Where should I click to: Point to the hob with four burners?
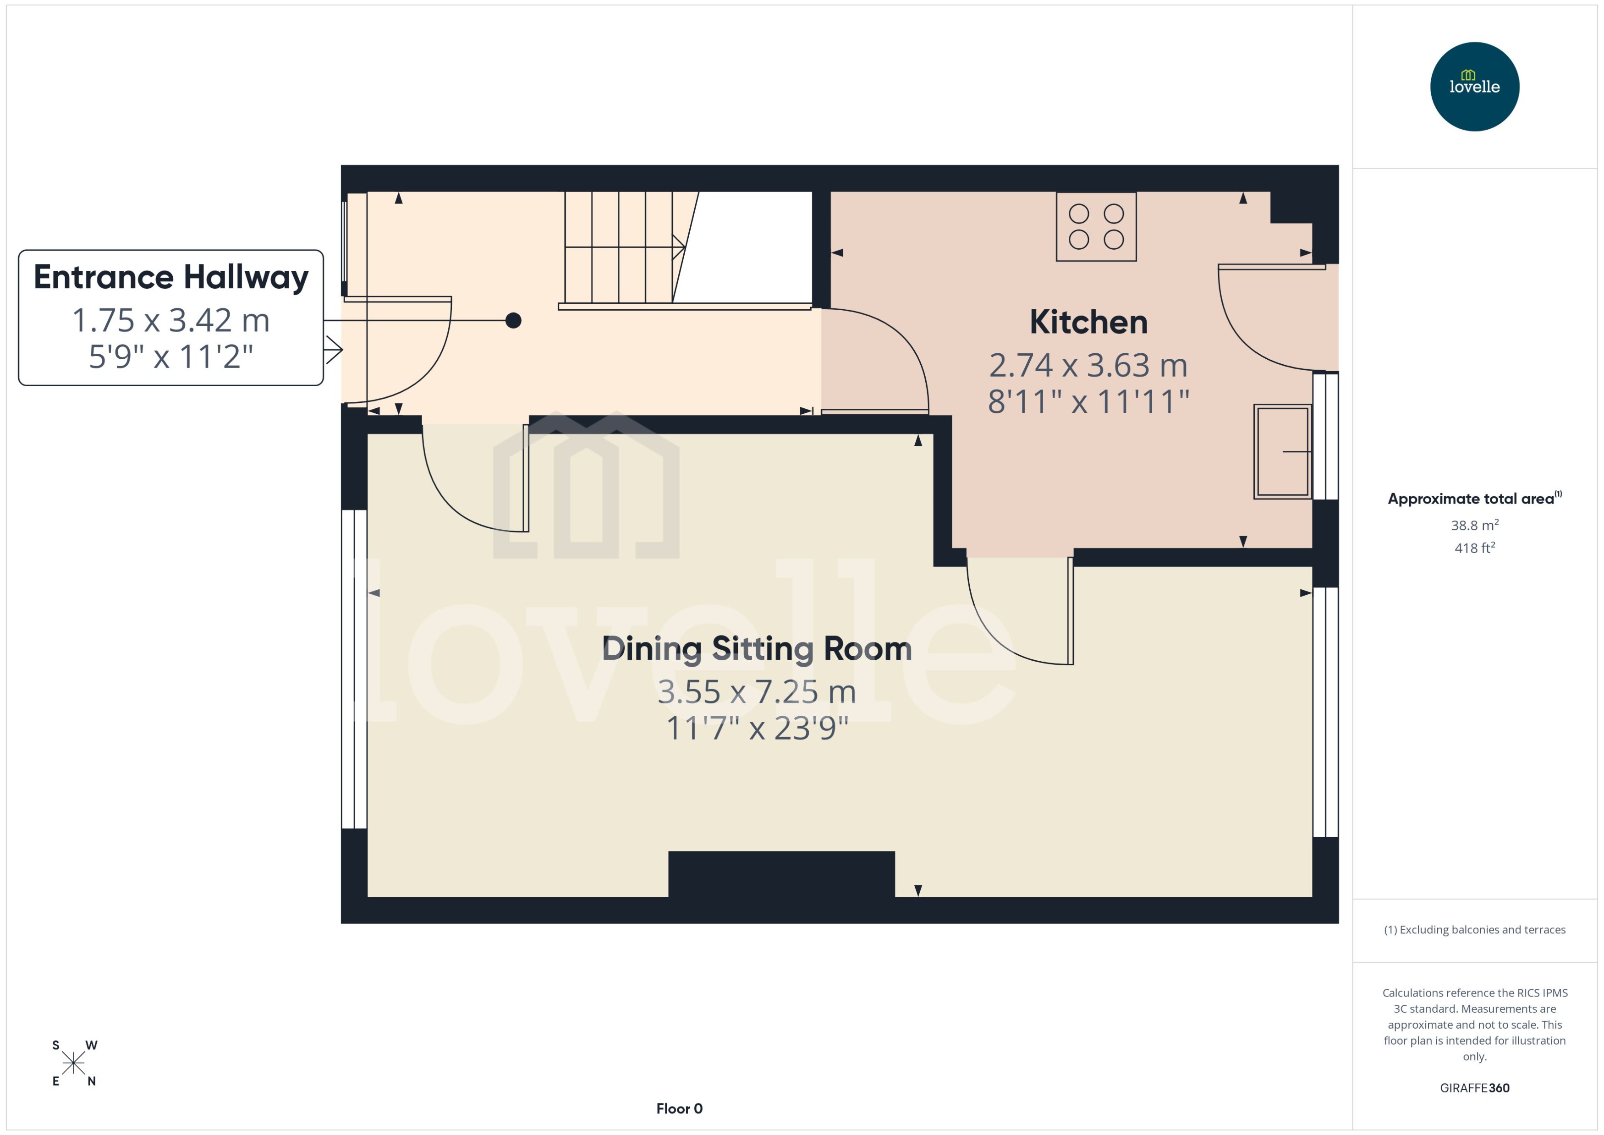[1095, 226]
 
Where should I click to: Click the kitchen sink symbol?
[1282, 451]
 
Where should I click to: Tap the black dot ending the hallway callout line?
[513, 320]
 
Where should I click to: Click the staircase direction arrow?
[677, 247]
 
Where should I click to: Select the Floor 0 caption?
[679, 1108]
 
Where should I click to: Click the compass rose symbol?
[73, 1063]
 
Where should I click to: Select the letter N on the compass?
[91, 1081]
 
